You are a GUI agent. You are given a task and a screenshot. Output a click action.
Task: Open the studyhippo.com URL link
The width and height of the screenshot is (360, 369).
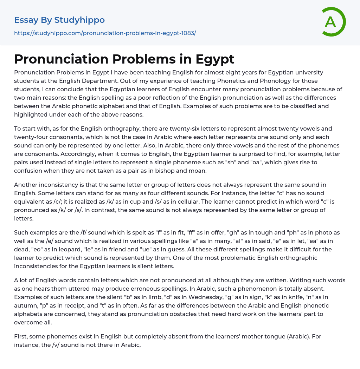coord(105,33)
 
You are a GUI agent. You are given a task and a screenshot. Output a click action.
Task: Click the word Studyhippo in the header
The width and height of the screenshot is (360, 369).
coord(79,20)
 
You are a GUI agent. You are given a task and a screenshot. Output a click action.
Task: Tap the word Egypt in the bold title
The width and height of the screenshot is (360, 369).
coord(214,59)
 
